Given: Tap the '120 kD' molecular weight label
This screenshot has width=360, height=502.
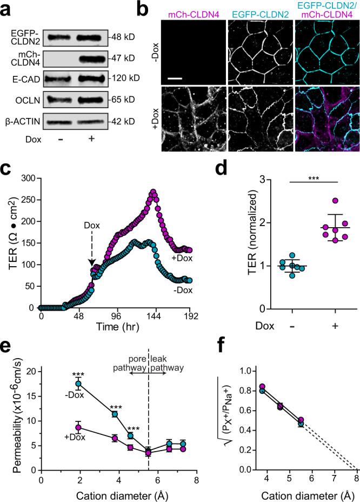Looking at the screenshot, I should point(126,78).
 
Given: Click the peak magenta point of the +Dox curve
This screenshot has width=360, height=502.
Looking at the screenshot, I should point(153,191).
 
